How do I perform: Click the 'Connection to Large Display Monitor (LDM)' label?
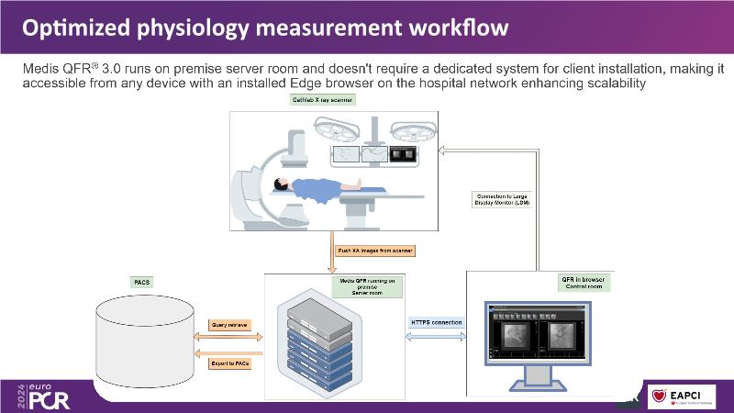pyautogui.click(x=501, y=199)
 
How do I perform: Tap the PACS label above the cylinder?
pyautogui.click(x=143, y=282)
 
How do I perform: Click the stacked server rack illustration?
pyautogui.click(x=320, y=344)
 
